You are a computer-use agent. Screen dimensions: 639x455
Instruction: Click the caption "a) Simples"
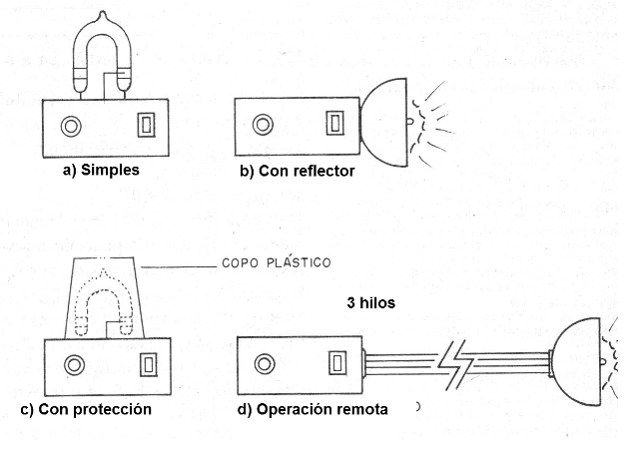[x=101, y=170]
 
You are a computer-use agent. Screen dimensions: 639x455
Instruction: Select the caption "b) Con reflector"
[x=298, y=171]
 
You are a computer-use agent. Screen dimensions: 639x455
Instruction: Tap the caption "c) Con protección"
[x=86, y=409]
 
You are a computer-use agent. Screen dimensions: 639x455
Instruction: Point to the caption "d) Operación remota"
[x=313, y=409]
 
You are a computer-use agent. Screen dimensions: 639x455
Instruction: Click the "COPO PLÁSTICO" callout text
[x=277, y=262]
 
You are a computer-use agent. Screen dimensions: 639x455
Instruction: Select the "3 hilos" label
[x=370, y=303]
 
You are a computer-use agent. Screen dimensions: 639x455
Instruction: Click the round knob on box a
[x=71, y=126]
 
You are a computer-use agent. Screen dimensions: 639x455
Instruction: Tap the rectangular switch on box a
[x=146, y=125]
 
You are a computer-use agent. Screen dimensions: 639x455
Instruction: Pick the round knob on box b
[x=263, y=125]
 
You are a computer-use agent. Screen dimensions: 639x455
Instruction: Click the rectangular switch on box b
[x=335, y=123]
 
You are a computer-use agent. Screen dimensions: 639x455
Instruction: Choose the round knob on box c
[x=75, y=364]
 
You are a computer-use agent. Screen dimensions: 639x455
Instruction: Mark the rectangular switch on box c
[x=149, y=364]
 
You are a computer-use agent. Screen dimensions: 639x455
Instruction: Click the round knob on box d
[x=265, y=363]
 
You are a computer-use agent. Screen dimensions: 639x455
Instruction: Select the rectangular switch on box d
[x=337, y=362]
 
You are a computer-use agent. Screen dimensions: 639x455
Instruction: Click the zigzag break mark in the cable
[x=456, y=364]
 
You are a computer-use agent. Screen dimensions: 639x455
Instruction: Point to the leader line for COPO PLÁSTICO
[x=179, y=267]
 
